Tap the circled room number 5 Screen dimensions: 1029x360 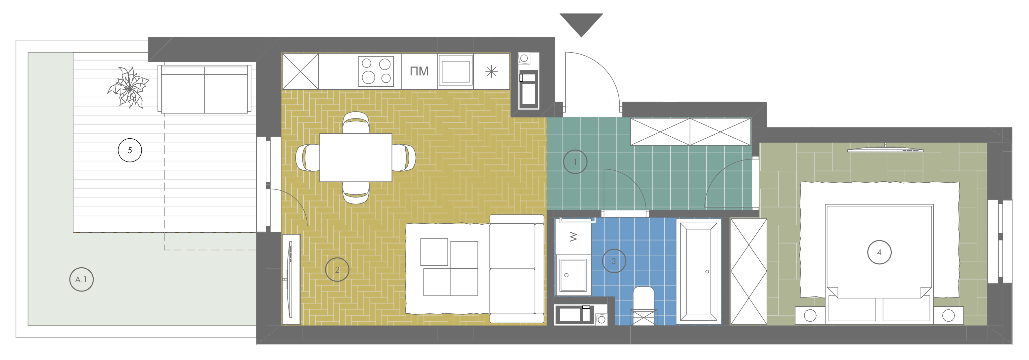point(130,150)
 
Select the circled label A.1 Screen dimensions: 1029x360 point(81,279)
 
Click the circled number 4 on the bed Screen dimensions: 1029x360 point(879,252)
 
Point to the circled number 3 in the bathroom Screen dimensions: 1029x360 point(614,261)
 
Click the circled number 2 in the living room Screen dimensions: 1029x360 point(337,270)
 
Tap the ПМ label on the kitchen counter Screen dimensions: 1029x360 point(419,71)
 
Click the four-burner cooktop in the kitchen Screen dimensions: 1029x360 point(376,71)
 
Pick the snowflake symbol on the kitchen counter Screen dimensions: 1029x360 point(491,71)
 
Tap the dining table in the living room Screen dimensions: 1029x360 point(355,158)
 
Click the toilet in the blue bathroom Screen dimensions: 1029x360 point(644,306)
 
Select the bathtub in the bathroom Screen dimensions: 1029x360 point(699,271)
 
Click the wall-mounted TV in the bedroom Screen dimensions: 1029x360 point(885,150)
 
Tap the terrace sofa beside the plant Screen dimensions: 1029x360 point(204,89)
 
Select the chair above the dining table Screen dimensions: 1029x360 point(355,122)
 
